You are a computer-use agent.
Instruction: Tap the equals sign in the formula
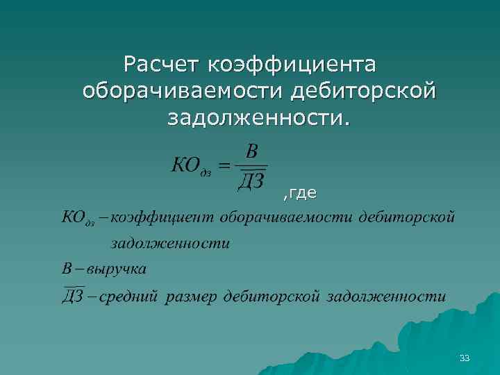pos(224,167)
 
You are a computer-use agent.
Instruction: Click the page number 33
pos(465,358)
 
